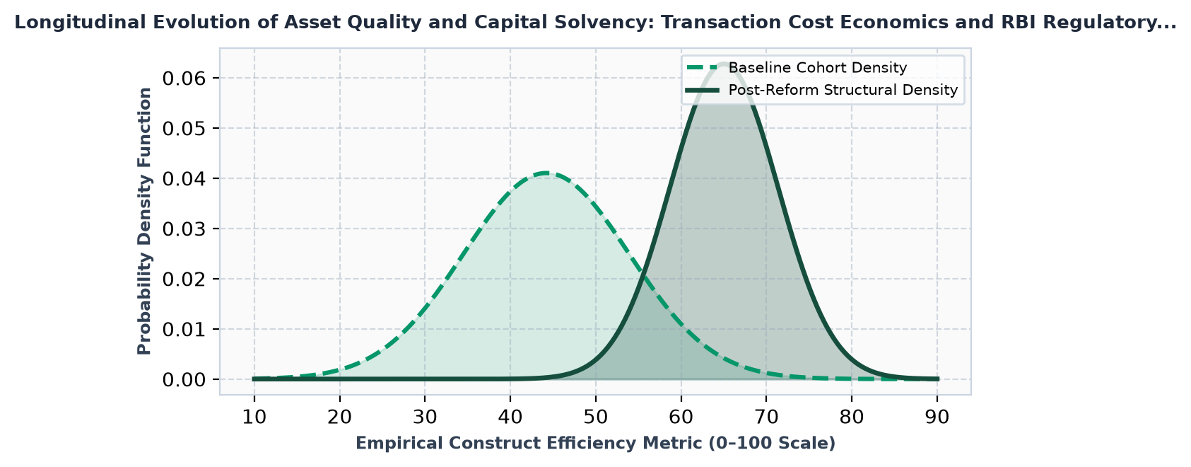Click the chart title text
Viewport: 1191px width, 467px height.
coord(595,23)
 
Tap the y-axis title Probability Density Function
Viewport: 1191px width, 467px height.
coord(144,221)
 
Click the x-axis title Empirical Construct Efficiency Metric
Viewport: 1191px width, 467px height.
coord(595,443)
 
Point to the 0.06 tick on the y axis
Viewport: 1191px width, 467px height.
coord(184,79)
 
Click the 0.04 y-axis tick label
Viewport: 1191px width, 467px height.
coord(184,178)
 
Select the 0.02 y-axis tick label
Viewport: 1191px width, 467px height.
coord(184,279)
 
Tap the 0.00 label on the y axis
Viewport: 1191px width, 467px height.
coord(184,379)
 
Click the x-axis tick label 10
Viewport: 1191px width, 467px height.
coord(254,417)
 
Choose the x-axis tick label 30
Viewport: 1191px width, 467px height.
coord(425,417)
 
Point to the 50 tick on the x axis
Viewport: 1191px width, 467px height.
coord(595,417)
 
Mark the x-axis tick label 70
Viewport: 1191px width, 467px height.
coord(766,417)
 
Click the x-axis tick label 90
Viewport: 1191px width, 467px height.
coord(937,417)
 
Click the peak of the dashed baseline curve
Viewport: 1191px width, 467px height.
coord(545,173)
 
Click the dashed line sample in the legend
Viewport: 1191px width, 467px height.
coord(703,68)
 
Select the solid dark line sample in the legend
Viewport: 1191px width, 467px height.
coord(703,91)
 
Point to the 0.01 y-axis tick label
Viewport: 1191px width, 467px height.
coord(184,329)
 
